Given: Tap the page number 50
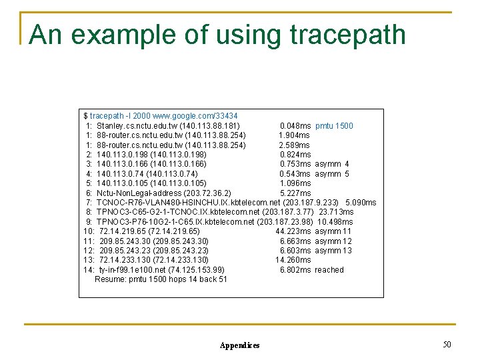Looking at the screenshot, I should pos(447,344).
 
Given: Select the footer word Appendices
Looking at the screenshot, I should pos(239,345).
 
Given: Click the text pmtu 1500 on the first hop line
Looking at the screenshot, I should pos(334,126).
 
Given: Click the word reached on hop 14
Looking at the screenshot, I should pos(329,270).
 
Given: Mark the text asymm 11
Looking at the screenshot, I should pos(333,231).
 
